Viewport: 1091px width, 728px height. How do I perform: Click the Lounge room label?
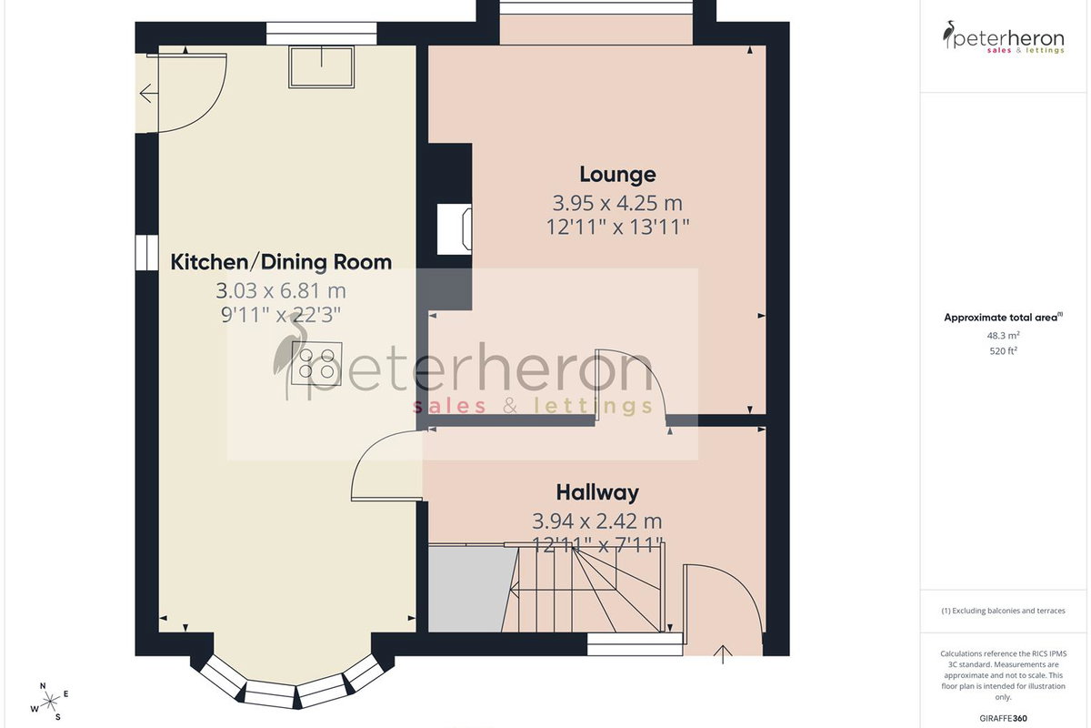(617, 175)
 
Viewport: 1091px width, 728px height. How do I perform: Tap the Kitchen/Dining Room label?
(281, 262)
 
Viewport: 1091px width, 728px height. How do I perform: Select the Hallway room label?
(597, 492)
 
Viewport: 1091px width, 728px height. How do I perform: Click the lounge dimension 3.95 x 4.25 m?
(617, 203)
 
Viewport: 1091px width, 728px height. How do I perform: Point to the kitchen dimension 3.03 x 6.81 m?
(281, 290)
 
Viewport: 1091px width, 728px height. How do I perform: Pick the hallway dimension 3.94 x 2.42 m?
(597, 521)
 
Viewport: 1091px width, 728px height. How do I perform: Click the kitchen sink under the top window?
(322, 67)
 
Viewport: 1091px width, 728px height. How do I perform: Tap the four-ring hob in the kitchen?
(316, 363)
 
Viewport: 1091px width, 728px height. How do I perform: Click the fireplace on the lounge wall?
(455, 229)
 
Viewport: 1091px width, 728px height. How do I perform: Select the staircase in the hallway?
(584, 589)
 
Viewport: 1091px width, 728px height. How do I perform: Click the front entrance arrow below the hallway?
(724, 655)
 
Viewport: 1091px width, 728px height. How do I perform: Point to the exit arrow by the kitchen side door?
(148, 93)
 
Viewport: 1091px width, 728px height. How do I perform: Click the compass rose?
(50, 702)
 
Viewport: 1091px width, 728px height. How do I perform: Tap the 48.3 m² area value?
(1003, 336)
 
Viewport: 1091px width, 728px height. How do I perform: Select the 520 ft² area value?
(1003, 350)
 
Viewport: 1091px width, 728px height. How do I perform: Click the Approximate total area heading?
(1003, 318)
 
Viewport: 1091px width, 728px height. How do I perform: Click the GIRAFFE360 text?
(1003, 718)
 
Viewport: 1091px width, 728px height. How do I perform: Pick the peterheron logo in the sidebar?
(1003, 37)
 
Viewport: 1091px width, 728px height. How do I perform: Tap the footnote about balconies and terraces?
(1003, 611)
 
